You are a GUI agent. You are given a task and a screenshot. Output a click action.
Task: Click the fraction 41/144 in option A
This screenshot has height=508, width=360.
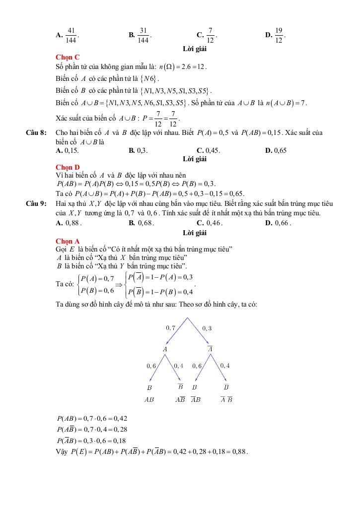click(x=71, y=35)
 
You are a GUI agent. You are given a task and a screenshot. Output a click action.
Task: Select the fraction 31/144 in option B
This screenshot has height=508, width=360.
click(x=144, y=35)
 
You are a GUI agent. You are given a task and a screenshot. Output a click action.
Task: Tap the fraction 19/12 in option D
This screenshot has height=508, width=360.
click(x=279, y=35)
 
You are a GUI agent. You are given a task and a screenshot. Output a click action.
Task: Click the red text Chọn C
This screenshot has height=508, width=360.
click(x=68, y=58)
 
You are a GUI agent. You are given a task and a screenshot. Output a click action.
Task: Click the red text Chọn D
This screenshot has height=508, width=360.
click(x=68, y=167)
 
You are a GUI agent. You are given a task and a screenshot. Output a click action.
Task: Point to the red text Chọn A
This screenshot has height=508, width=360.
click(x=68, y=241)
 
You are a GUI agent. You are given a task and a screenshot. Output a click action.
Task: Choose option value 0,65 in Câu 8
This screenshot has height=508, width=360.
click(x=280, y=150)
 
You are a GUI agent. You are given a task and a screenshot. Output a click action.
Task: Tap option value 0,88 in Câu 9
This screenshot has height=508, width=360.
click(x=73, y=223)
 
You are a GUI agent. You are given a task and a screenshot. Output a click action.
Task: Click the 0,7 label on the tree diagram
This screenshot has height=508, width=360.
click(x=171, y=327)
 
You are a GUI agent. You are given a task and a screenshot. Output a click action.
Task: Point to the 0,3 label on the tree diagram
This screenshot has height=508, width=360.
click(x=207, y=327)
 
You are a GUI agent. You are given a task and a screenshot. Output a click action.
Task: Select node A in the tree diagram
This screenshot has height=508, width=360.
click(x=165, y=349)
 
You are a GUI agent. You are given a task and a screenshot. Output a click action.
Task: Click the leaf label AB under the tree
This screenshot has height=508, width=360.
click(x=149, y=399)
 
